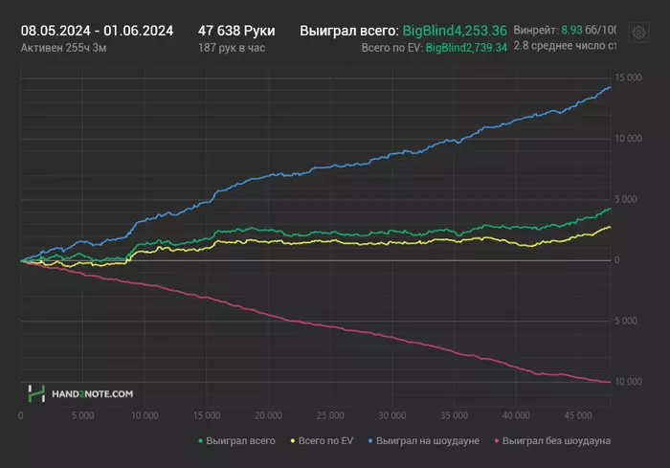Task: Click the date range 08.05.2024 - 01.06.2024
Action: point(97,31)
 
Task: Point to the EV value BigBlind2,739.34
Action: point(466,47)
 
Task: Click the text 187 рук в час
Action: point(233,47)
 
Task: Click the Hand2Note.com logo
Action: point(80,392)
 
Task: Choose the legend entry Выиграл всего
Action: point(236,440)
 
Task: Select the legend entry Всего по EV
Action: point(324,440)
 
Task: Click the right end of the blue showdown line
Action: point(611,87)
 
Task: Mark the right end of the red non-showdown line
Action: point(611,382)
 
